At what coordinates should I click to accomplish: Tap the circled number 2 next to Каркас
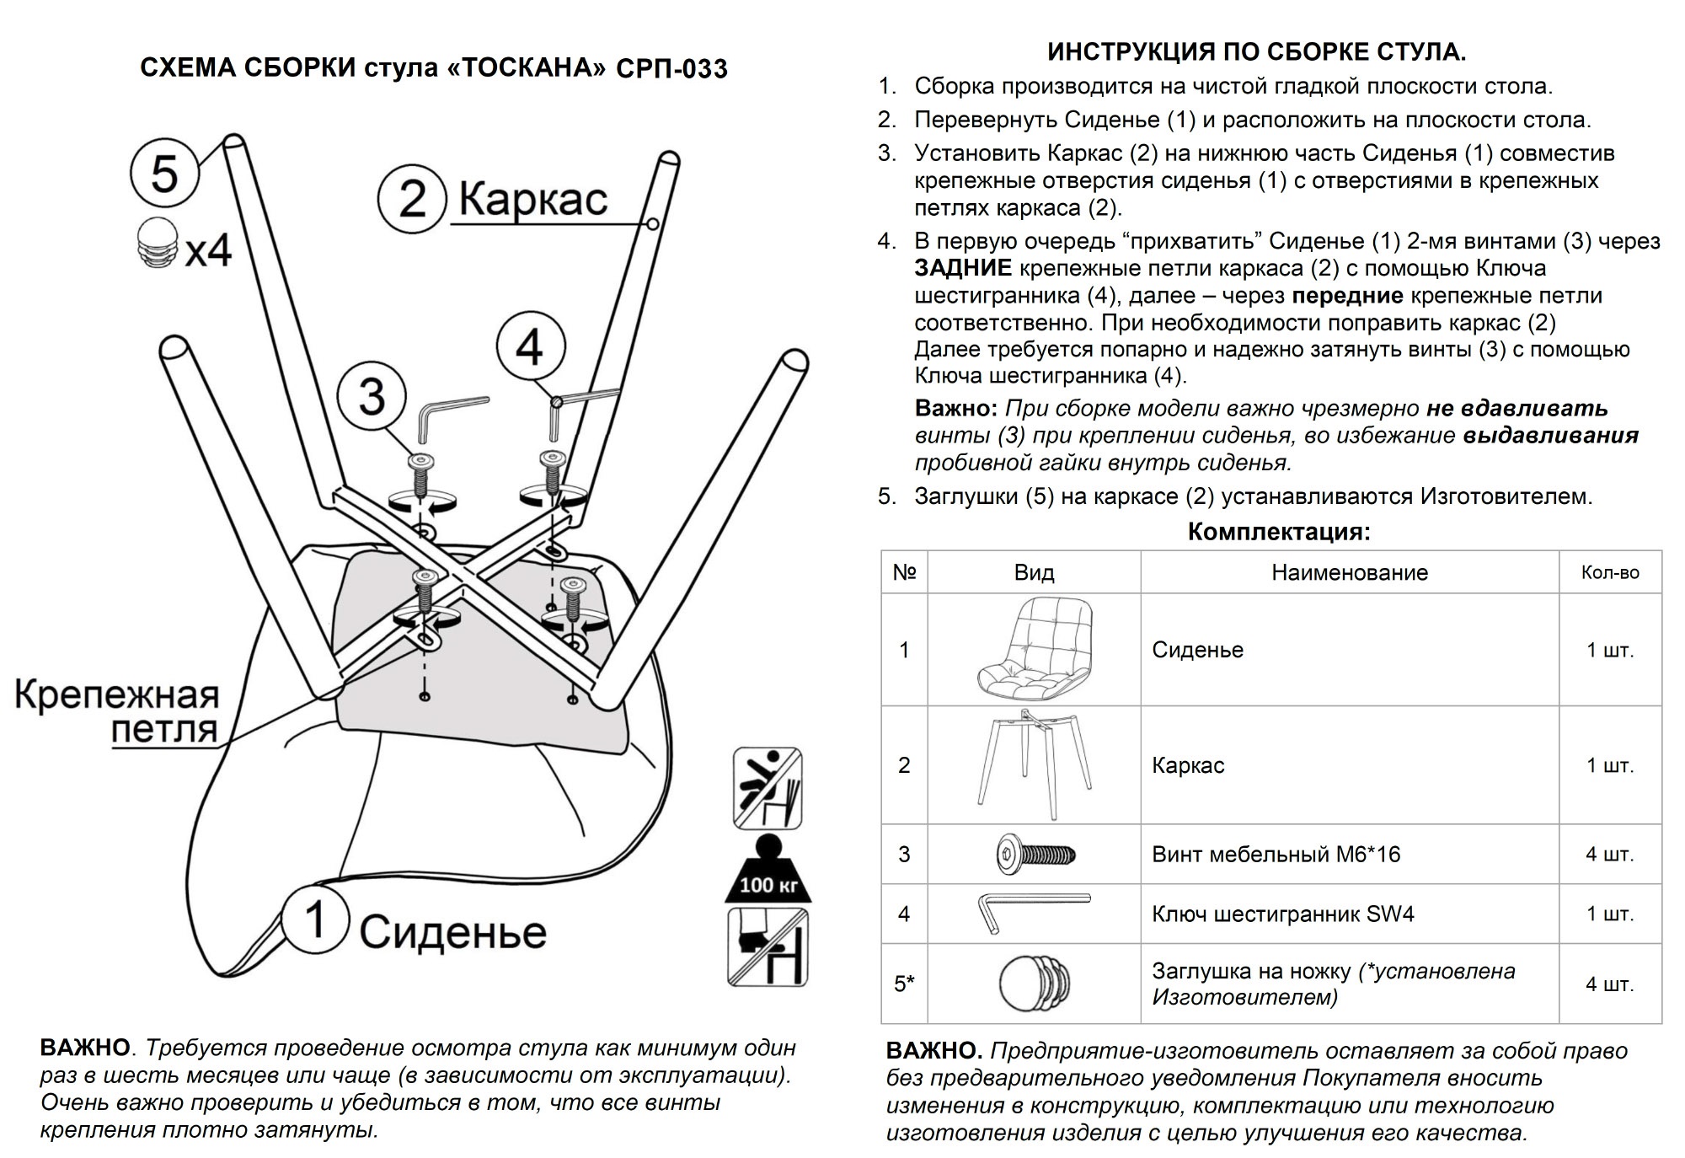(x=411, y=201)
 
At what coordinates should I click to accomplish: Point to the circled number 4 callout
(x=530, y=346)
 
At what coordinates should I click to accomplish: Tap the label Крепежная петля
(x=118, y=712)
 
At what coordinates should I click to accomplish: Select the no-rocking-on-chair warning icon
(x=767, y=788)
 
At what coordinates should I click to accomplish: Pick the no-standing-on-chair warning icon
(x=767, y=946)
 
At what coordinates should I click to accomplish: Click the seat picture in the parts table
(x=1033, y=650)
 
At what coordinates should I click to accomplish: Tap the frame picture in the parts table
(x=1033, y=764)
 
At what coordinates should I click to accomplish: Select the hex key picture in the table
(x=1033, y=913)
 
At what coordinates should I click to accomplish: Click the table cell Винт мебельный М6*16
(x=1276, y=855)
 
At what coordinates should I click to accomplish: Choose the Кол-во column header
(x=1610, y=573)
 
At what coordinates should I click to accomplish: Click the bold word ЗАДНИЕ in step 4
(x=963, y=269)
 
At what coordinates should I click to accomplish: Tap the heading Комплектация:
(x=1279, y=532)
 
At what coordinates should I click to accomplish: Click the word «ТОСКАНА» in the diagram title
(x=522, y=68)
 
